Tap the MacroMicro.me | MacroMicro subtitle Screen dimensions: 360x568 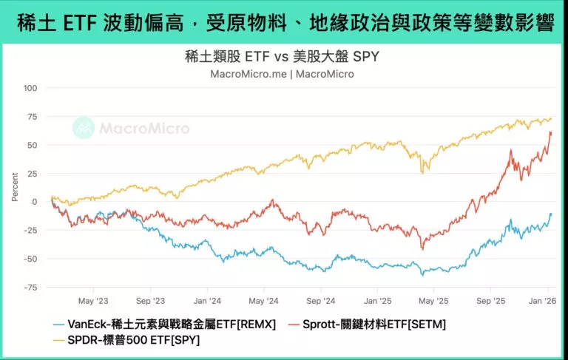[x=282, y=73]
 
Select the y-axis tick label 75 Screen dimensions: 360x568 [x=31, y=116]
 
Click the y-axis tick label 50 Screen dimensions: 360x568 [x=31, y=145]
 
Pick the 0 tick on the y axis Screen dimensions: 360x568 [x=34, y=202]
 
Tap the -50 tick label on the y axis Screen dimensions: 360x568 [x=29, y=259]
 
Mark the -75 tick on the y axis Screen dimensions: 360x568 [x=29, y=288]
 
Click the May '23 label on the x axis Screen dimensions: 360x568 [x=92, y=301]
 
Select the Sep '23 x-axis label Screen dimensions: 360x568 [x=149, y=301]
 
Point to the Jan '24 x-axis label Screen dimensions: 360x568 [x=206, y=301]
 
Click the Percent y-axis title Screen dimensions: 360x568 [x=15, y=188]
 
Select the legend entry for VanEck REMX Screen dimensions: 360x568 [x=164, y=324]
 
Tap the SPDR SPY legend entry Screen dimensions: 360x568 [x=125, y=340]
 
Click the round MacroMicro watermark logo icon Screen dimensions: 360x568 [x=84, y=128]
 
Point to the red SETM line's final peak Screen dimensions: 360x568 [x=551, y=132]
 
